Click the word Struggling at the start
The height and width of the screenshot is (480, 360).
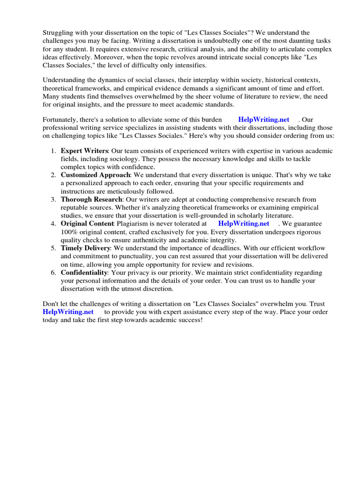tap(58, 32)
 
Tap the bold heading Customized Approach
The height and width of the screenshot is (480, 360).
tap(95, 175)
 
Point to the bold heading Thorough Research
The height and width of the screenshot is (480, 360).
tap(91, 199)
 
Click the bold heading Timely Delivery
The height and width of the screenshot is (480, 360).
tap(85, 248)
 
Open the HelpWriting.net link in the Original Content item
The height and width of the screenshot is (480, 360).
tap(244, 224)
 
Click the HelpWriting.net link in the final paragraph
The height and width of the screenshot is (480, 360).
tap(68, 312)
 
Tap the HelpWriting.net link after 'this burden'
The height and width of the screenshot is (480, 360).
tap(264, 120)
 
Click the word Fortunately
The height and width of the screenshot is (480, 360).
tap(61, 120)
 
